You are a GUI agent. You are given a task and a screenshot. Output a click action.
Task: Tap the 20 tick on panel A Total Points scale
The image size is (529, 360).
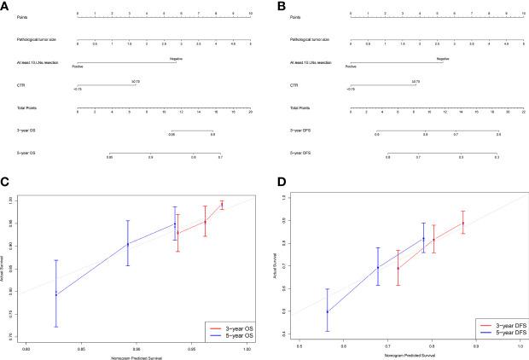click(249, 113)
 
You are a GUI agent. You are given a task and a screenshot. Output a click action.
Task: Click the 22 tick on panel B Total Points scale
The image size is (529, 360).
click(523, 113)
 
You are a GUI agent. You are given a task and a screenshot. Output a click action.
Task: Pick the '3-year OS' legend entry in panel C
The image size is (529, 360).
click(227, 328)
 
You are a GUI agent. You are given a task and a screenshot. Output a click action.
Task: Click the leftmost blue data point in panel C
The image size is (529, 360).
click(56, 294)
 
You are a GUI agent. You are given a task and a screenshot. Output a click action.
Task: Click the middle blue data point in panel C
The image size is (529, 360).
click(128, 244)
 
